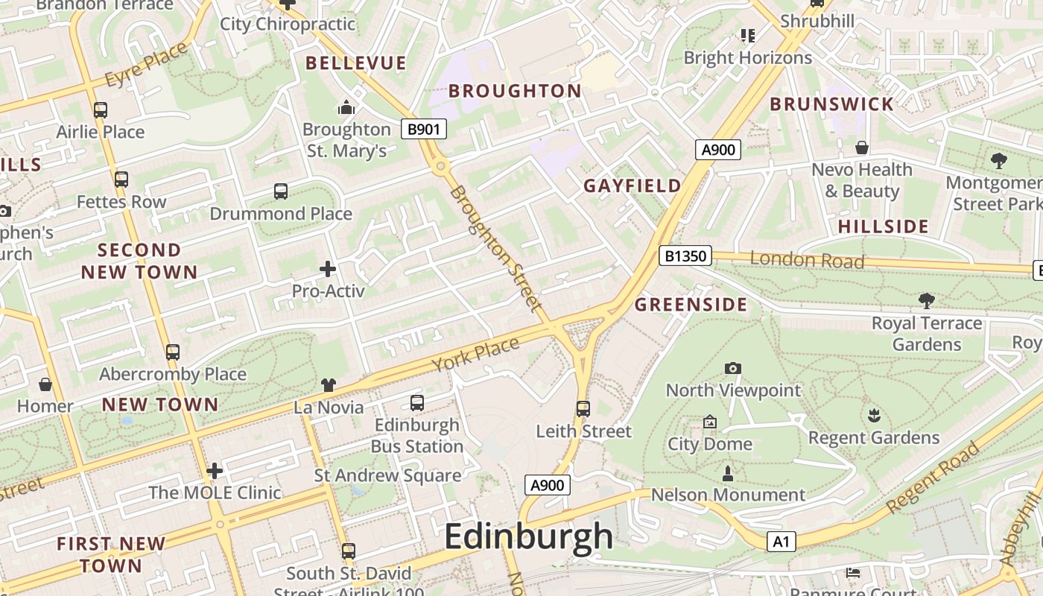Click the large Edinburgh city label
(x=529, y=536)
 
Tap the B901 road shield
(x=424, y=129)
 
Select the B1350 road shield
(x=685, y=256)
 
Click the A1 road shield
(x=780, y=542)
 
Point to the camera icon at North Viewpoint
(x=733, y=368)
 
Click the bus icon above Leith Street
(x=583, y=408)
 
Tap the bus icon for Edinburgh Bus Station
(x=417, y=403)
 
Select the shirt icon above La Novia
(x=329, y=385)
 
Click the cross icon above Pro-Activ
(x=328, y=269)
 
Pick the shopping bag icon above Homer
(x=45, y=384)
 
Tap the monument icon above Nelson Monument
(x=728, y=473)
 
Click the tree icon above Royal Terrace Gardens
(x=926, y=301)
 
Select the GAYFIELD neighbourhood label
(x=632, y=186)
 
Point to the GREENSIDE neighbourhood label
(x=691, y=305)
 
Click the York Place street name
(x=475, y=355)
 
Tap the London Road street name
(x=807, y=260)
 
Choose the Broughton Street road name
(x=495, y=247)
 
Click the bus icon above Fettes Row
(x=121, y=180)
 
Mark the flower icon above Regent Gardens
(x=874, y=416)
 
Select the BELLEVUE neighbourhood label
(x=356, y=63)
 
